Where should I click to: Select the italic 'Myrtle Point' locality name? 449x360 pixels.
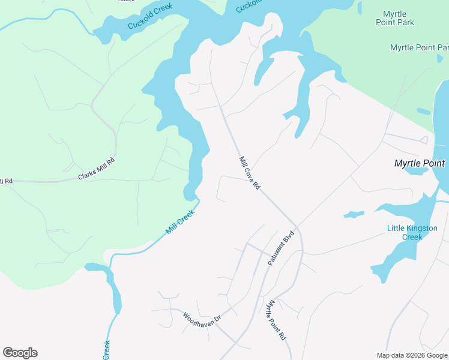tap(419, 163)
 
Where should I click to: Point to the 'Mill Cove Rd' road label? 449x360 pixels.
tap(249, 173)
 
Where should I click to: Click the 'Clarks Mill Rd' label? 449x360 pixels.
tap(96, 169)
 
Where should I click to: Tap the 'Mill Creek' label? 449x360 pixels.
tap(180, 222)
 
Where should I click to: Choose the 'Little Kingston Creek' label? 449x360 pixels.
tap(412, 232)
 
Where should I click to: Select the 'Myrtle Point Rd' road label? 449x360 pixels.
tap(276, 320)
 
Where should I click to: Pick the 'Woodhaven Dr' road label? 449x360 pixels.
tap(202, 324)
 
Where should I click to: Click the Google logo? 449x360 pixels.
tap(20, 353)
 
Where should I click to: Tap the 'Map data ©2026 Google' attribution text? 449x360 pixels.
tap(411, 355)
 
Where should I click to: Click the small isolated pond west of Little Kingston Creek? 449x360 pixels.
tap(354, 214)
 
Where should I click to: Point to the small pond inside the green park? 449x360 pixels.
tap(423, 111)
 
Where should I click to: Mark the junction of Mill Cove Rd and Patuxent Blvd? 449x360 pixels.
tap(295, 227)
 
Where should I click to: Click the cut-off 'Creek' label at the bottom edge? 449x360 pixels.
tap(106, 349)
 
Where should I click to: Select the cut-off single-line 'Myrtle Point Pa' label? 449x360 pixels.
tap(419, 47)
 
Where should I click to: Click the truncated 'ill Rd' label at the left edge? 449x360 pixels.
tap(6, 181)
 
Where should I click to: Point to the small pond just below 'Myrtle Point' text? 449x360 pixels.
tap(416, 171)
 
